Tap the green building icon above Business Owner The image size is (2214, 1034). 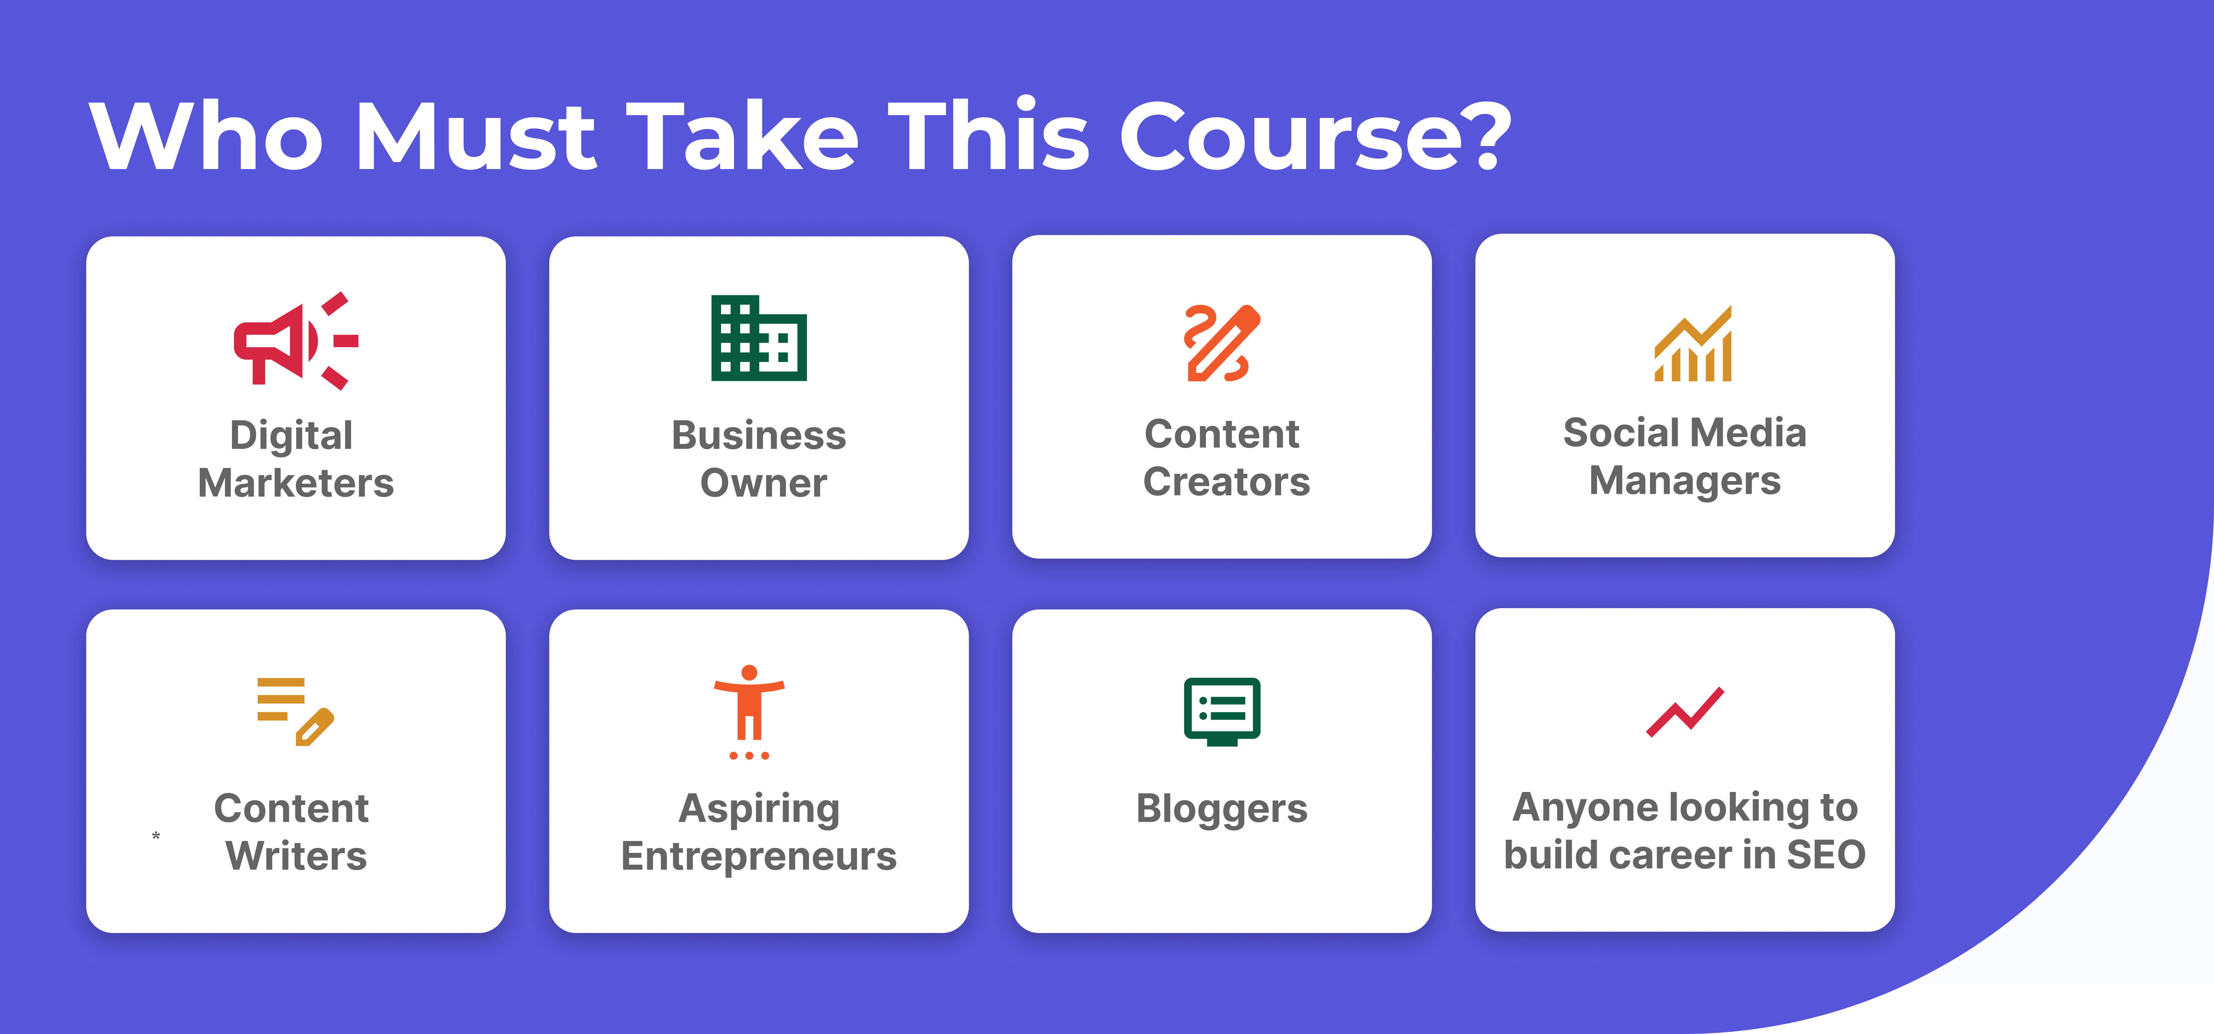(759, 338)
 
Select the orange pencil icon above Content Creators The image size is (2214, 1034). (1221, 342)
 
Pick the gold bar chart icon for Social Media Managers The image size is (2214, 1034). (1692, 344)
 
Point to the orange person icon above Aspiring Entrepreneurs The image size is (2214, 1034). (748, 712)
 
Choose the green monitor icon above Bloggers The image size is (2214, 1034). (1221, 712)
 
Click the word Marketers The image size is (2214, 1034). (296, 483)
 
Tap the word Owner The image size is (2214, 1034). (763, 483)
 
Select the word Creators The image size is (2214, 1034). (1227, 481)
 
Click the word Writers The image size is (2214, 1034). (296, 856)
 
